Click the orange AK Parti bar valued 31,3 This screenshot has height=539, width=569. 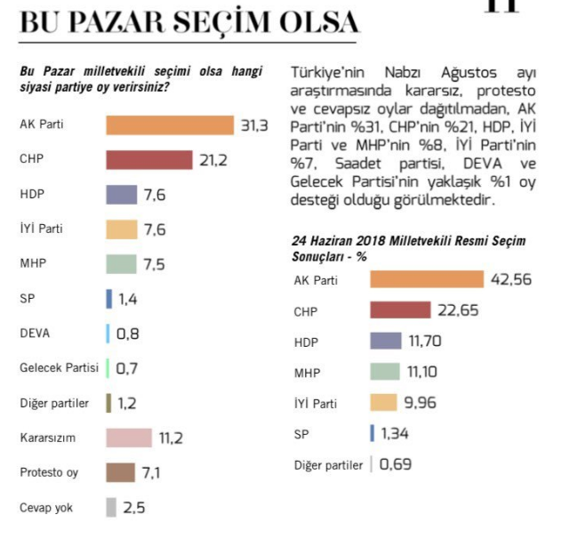click(x=169, y=125)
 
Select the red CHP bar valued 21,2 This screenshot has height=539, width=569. click(x=148, y=160)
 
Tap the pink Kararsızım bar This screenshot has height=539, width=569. click(x=128, y=438)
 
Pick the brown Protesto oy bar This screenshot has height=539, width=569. click(x=120, y=472)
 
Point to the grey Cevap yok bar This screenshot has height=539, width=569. click(x=111, y=507)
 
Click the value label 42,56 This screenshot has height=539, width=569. click(x=510, y=280)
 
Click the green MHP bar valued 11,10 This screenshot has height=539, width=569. click(x=397, y=372)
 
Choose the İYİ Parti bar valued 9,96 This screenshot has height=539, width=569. click(x=382, y=403)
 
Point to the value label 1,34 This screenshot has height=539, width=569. click(x=397, y=433)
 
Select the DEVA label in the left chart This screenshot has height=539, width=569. click(x=35, y=334)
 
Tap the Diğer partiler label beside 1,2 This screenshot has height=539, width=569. click(x=54, y=403)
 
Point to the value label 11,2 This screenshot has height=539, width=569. click(x=172, y=438)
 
